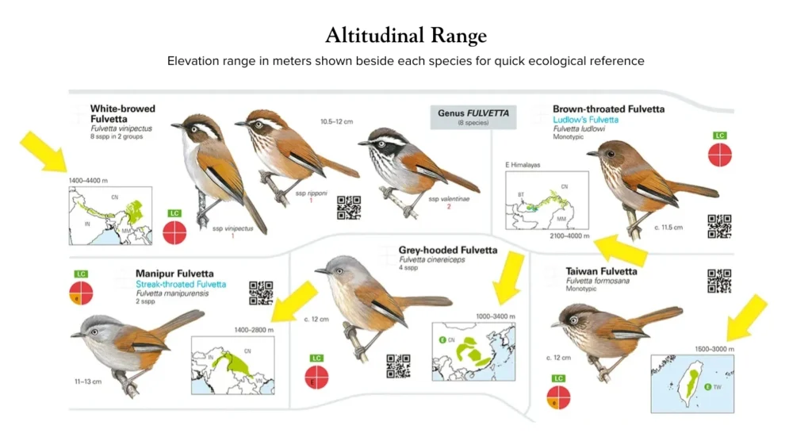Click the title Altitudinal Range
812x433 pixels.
point(405,36)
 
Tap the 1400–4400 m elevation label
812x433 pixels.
point(90,182)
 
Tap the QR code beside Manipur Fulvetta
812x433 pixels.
point(261,292)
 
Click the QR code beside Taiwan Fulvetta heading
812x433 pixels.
point(719,281)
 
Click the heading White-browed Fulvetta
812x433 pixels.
point(123,113)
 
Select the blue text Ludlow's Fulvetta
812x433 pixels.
point(586,120)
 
